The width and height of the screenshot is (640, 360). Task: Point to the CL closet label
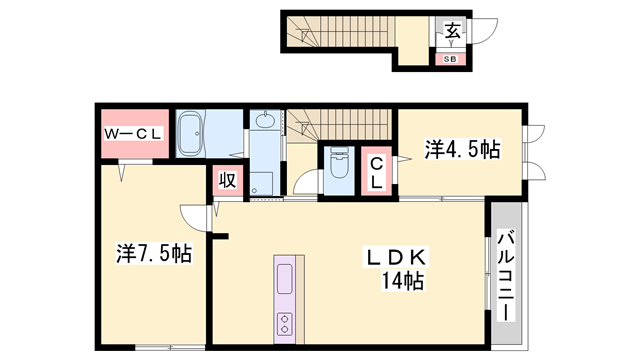tap(375, 172)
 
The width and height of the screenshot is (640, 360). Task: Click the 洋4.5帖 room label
tap(462, 150)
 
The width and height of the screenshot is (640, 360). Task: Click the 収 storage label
tap(228, 181)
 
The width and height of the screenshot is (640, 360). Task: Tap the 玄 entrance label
tap(452, 32)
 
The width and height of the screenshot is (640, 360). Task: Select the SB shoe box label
tap(451, 58)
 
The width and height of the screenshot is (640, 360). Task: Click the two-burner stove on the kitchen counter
tap(283, 323)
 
